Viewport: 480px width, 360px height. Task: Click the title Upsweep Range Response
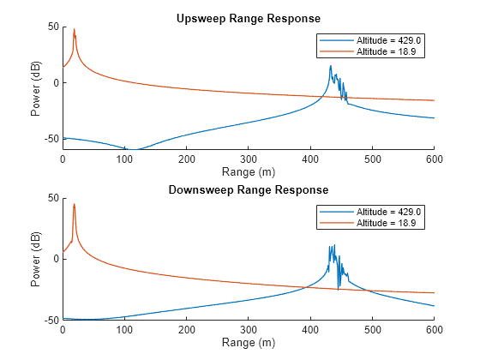coord(248,18)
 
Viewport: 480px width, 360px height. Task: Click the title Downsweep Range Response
coord(248,189)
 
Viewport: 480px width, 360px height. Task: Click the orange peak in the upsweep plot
coord(74,29)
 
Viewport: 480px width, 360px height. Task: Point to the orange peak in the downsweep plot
coord(74,204)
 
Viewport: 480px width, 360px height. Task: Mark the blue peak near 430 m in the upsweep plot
coord(330,66)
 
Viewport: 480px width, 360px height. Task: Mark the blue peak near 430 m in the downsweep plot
coord(330,247)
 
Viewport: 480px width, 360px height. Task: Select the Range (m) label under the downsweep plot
coord(248,342)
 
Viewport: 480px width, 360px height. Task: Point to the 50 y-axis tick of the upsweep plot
coord(52,27)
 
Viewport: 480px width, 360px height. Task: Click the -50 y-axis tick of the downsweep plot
coord(51,320)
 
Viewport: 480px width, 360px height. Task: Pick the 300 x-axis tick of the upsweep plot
coord(248,159)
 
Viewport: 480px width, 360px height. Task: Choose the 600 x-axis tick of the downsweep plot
coord(434,330)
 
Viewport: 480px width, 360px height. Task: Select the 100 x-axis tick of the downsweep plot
coord(124,330)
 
